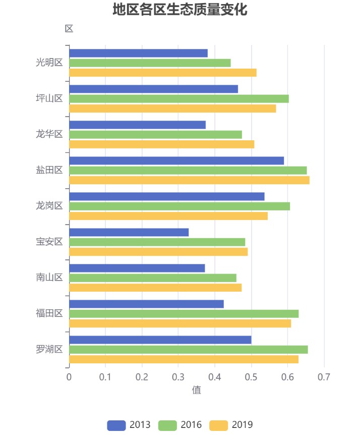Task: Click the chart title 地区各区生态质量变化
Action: (180, 10)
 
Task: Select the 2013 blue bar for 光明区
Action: (138, 53)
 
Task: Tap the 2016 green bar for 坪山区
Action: (178, 98)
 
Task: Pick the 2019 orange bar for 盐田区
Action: (189, 180)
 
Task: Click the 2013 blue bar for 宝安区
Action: (129, 232)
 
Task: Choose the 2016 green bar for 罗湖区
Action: (188, 350)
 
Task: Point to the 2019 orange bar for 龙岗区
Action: (168, 216)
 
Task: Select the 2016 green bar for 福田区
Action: (184, 314)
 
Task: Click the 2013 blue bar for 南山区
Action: (137, 268)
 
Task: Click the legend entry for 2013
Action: (129, 425)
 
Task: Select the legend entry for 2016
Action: (180, 425)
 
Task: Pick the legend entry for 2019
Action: (231, 425)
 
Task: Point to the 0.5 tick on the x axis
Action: (251, 377)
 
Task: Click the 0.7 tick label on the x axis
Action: (324, 377)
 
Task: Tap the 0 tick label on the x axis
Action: (69, 377)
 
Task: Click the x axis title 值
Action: (196, 390)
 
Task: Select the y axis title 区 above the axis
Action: (69, 29)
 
